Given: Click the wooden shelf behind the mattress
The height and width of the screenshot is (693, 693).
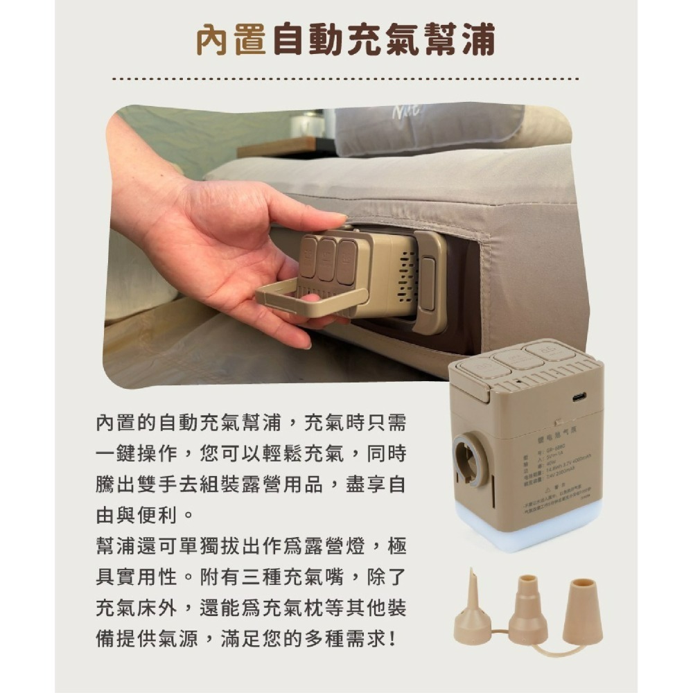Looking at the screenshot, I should click(277, 146).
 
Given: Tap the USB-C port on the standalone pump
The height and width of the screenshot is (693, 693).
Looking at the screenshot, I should click(579, 397).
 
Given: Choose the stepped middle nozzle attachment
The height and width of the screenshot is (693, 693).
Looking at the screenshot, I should click(527, 610).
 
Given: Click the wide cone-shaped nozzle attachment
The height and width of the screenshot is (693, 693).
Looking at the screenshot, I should click(581, 613).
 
